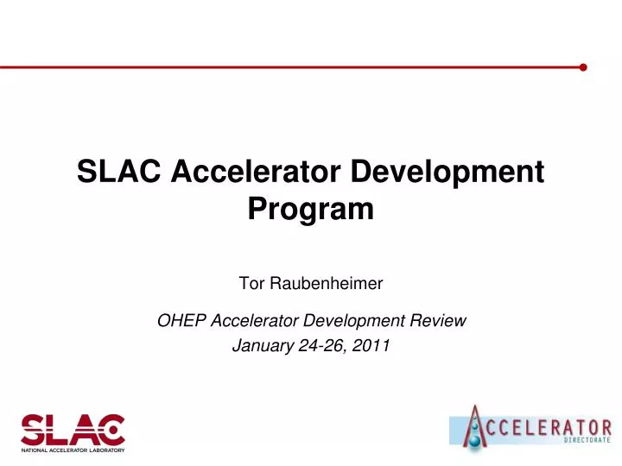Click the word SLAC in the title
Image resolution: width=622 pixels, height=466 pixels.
coord(119,173)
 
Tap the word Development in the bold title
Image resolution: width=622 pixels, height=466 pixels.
coord(447,173)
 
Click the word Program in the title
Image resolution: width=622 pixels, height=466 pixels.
coord(311,209)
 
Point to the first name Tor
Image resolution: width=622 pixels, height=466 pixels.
coord(248,282)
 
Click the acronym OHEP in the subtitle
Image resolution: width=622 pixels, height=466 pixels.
coord(178,321)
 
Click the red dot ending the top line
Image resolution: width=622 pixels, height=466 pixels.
coord(584,66)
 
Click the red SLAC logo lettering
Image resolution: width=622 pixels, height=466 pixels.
coord(73,430)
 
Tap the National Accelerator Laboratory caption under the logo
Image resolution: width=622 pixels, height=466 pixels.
coord(73,450)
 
